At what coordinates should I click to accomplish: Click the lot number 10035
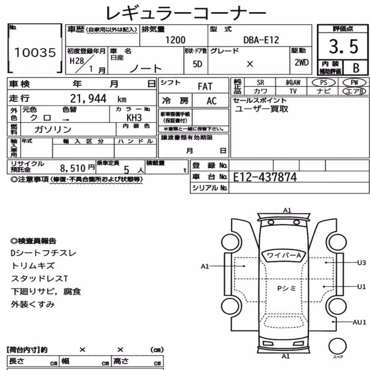coord(35,53)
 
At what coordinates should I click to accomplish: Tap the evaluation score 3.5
coord(343,47)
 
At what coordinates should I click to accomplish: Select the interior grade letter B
coord(356,68)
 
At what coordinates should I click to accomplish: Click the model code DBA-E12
coord(261,40)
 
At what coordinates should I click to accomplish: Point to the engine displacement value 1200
coord(175,40)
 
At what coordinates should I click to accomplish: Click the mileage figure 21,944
coord(88,98)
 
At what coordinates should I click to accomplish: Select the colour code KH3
coord(134,118)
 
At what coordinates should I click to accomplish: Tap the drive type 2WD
coord(302,63)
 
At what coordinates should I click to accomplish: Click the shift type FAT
coord(205,87)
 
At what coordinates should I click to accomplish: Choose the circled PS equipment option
coord(323,83)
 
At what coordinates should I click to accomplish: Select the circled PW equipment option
coord(354,83)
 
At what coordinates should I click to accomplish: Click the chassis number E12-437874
coord(265,177)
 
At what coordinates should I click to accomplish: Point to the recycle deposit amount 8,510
coord(73,168)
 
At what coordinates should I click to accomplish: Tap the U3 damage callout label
coord(361,263)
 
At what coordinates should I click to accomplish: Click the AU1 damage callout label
coord(359,322)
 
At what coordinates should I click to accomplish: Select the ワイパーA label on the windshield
coord(284,255)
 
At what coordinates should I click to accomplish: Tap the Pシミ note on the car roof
coord(286,288)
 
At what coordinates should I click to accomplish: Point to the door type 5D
coord(198,64)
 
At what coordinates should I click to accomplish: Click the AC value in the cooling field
coord(211,101)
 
